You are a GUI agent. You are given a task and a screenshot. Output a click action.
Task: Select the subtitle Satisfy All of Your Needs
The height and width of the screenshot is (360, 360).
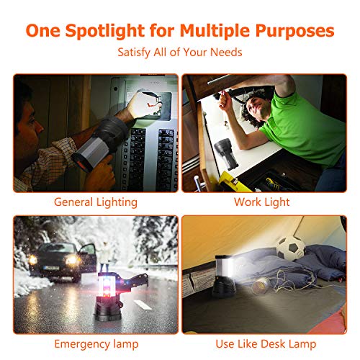click(180, 53)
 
